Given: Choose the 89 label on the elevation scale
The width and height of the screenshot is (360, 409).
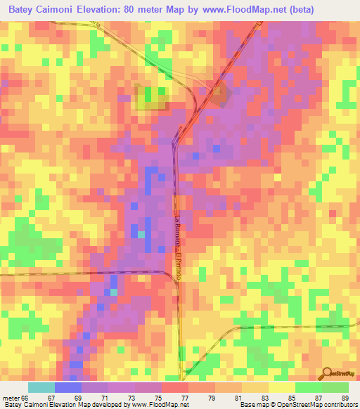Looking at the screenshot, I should pyautogui.click(x=345, y=397).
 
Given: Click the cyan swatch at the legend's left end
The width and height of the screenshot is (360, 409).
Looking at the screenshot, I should pyautogui.click(x=41, y=387).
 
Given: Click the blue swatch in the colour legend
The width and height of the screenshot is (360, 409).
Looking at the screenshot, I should pyautogui.click(x=68, y=387).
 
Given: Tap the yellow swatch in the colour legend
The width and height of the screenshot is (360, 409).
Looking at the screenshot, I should pyautogui.click(x=282, y=387).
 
